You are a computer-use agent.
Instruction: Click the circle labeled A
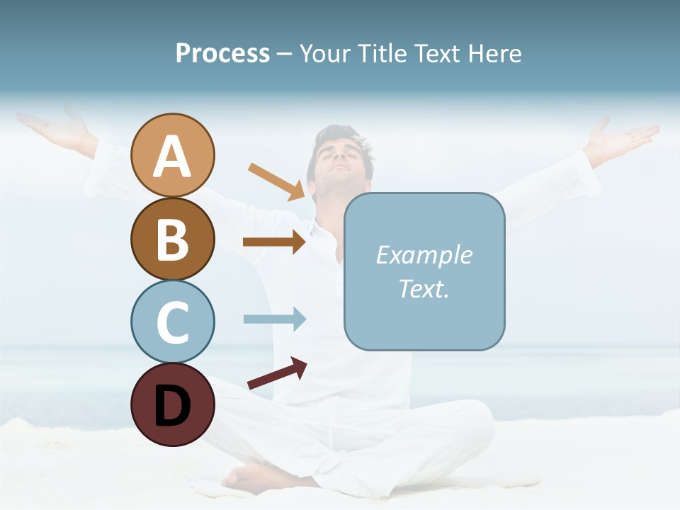pos(173,155)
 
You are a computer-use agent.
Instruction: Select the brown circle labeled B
pos(173,239)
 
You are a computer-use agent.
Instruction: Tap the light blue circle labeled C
pos(173,322)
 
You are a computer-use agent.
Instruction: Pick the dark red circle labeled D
pos(173,404)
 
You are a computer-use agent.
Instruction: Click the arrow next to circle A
pos(277,181)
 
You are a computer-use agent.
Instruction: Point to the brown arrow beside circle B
pos(274,242)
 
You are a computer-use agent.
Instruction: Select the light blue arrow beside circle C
pos(274,319)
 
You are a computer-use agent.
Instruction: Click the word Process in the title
pos(222,53)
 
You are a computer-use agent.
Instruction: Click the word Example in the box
pos(424,255)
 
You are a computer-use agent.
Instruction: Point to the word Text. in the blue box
pos(424,288)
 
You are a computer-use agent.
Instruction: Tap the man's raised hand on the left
pos(53,127)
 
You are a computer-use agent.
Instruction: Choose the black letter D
pos(173,406)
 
